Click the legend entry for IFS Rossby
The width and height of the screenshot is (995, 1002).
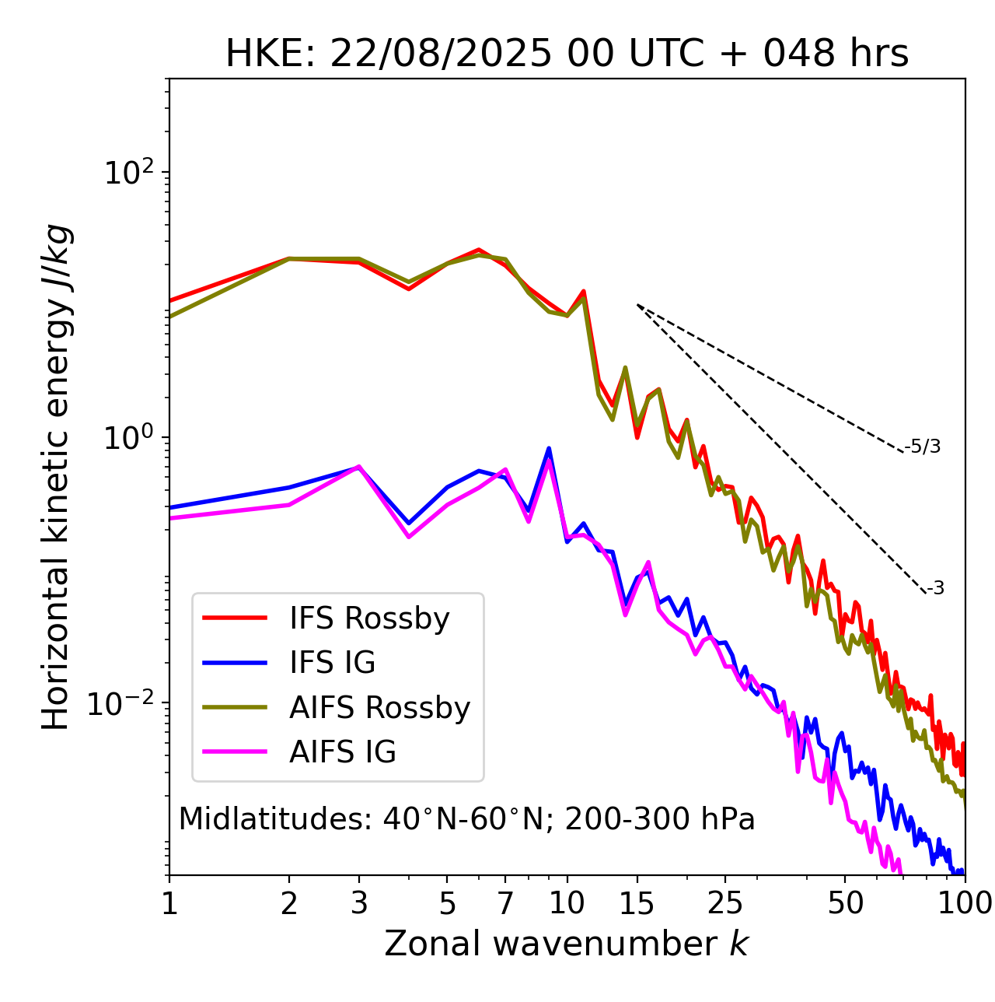tap(369, 618)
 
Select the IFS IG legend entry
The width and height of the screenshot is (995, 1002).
tap(332, 663)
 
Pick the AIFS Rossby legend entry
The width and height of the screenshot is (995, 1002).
tap(379, 708)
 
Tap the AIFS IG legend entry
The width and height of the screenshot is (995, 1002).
tap(343, 752)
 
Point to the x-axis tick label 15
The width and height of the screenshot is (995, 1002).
tap(637, 903)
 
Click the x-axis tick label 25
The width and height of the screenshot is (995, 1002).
tap(725, 903)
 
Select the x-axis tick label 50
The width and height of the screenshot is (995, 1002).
tap(845, 903)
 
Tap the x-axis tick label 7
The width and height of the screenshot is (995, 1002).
tap(505, 903)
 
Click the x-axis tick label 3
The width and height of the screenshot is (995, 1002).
tap(358, 903)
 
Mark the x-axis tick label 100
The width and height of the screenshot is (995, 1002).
tap(964, 903)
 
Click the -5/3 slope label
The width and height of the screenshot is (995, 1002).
tap(923, 447)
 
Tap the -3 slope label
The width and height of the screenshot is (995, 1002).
tap(935, 589)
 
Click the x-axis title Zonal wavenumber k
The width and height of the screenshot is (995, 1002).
tap(567, 944)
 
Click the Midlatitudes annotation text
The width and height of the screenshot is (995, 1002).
tap(466, 819)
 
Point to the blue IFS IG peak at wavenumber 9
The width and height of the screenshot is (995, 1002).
tap(549, 449)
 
